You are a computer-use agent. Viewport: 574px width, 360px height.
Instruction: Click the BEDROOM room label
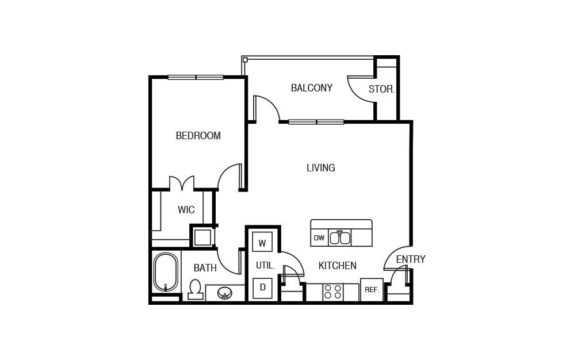pyautogui.click(x=198, y=136)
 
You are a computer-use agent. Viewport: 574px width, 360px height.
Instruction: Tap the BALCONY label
pyautogui.click(x=311, y=88)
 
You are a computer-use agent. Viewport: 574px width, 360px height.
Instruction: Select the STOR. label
pyautogui.click(x=381, y=89)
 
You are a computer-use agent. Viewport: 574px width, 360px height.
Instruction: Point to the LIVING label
pyautogui.click(x=320, y=168)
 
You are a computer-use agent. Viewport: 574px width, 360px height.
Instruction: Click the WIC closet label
pyautogui.click(x=186, y=210)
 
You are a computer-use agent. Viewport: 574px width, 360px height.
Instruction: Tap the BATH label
pyautogui.click(x=205, y=268)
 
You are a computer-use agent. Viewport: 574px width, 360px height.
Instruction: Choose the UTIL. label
pyautogui.click(x=265, y=266)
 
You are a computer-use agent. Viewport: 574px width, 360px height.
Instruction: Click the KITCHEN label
pyautogui.click(x=337, y=266)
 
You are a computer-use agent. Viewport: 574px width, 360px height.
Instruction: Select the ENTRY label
pyautogui.click(x=410, y=259)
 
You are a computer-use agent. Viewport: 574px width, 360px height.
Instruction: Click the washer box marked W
pyautogui.click(x=262, y=243)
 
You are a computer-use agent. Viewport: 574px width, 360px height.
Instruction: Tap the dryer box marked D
pyautogui.click(x=262, y=288)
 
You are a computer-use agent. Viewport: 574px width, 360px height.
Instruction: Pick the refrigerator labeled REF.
pyautogui.click(x=372, y=290)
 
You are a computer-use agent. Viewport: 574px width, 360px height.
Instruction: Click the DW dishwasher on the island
pyautogui.click(x=319, y=238)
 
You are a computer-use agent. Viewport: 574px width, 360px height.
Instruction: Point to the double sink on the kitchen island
pyautogui.click(x=340, y=238)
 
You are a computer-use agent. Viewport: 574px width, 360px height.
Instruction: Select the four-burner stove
pyautogui.click(x=332, y=292)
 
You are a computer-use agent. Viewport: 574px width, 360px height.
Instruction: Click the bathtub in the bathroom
pyautogui.click(x=166, y=272)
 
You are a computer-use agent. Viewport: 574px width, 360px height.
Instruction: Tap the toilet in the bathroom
pyautogui.click(x=196, y=289)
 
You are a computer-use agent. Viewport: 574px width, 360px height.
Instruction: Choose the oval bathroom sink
pyautogui.click(x=225, y=293)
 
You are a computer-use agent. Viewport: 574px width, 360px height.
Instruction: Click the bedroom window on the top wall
pyautogui.click(x=196, y=77)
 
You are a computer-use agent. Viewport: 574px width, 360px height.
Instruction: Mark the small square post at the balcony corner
pyautogui.click(x=245, y=60)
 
